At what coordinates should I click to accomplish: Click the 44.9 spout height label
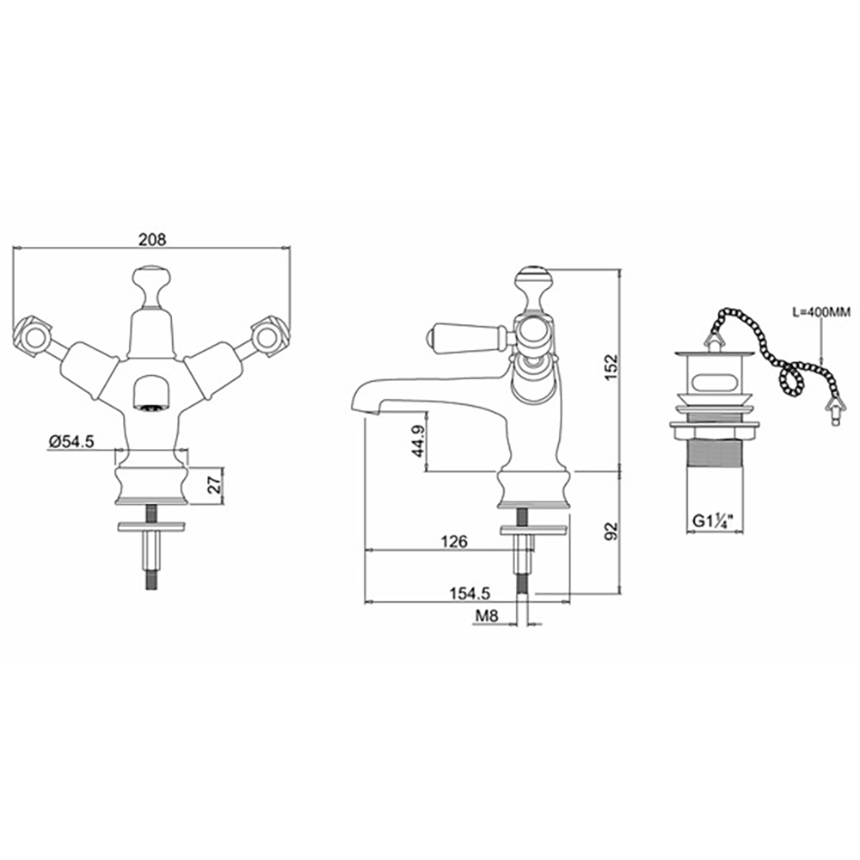pos(419,441)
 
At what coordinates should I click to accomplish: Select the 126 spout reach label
pos(454,541)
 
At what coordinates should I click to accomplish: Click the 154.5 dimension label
pos(470,593)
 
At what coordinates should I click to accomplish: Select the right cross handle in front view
pos(267,335)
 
